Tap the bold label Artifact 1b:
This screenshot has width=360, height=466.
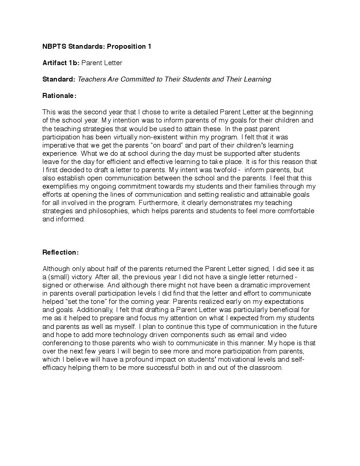pos(61,63)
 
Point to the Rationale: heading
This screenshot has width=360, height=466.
pos(59,96)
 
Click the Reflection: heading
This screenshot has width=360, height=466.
pos(61,252)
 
